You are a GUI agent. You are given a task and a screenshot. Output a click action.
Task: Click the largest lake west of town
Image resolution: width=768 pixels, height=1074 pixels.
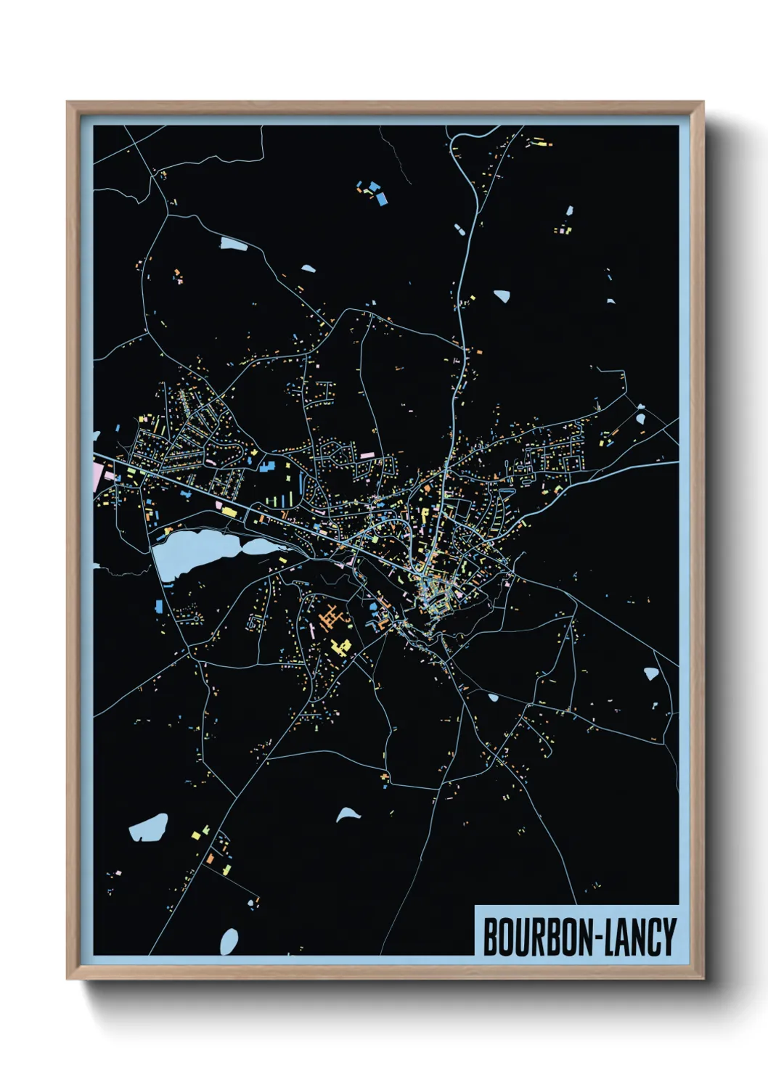(190, 551)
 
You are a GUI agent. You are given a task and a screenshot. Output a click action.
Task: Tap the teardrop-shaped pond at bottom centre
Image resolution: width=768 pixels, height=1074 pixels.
(347, 814)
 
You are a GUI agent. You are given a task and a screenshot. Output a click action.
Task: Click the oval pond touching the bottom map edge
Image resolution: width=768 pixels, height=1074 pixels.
(229, 942)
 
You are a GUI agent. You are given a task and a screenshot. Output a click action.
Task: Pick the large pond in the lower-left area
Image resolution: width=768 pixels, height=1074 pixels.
(149, 827)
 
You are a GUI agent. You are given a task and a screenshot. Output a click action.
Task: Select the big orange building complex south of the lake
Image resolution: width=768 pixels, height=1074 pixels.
(331, 618)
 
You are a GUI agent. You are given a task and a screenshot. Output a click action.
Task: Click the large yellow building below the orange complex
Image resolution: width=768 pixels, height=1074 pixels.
(338, 645)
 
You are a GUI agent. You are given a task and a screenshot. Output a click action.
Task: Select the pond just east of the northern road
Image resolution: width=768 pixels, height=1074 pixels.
(502, 295)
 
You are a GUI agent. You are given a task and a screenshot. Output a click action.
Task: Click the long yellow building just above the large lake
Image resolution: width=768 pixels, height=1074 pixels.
(229, 512)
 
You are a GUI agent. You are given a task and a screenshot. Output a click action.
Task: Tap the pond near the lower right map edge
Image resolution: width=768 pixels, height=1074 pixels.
(651, 673)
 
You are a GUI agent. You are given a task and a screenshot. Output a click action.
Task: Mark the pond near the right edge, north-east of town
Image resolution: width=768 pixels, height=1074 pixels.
(641, 418)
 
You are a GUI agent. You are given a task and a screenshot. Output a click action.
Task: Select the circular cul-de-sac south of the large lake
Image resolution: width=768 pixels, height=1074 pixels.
(254, 621)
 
